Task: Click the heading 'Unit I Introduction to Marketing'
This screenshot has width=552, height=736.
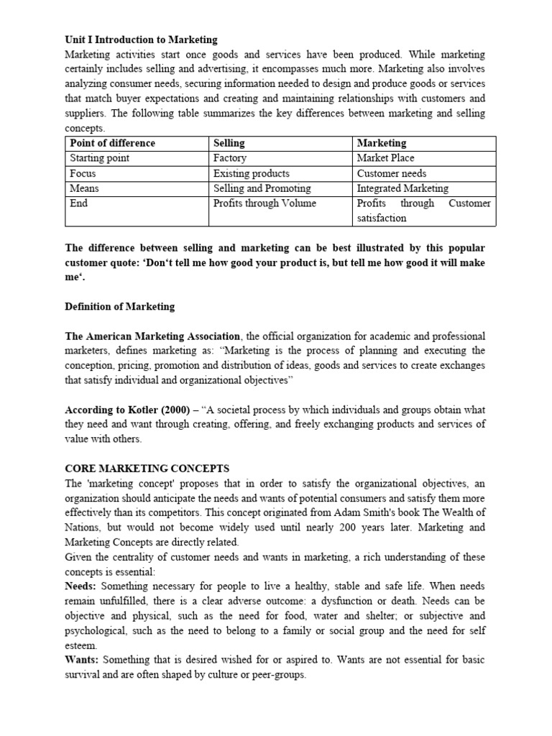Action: (141, 40)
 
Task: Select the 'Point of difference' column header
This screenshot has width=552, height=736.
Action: (112, 143)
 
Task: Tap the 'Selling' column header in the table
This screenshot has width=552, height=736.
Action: (229, 143)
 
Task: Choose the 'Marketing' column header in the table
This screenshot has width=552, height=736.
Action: (382, 143)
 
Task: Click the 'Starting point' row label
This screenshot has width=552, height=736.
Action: (99, 158)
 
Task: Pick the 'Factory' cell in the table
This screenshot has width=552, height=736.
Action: (230, 158)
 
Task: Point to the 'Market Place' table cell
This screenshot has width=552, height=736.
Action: (386, 158)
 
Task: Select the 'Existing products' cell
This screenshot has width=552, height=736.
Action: (252, 173)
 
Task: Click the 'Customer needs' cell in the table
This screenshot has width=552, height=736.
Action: (392, 173)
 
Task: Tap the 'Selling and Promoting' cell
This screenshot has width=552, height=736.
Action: (262, 188)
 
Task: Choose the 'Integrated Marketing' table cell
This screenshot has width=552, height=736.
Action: (402, 188)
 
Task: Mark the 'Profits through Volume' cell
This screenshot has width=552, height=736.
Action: (264, 203)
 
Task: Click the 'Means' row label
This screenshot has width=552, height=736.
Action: (84, 188)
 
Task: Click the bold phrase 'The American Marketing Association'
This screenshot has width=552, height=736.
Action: (153, 336)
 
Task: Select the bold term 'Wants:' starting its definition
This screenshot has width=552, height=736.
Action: (82, 661)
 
